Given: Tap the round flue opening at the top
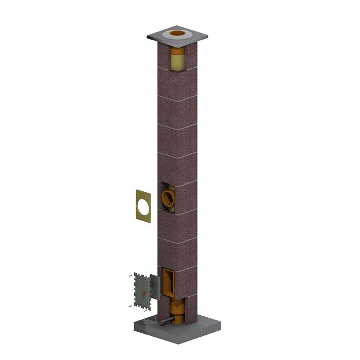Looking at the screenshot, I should pyautogui.click(x=177, y=33).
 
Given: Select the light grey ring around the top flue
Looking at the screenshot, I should pyautogui.click(x=169, y=35).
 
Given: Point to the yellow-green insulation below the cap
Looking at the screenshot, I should pyautogui.click(x=177, y=61).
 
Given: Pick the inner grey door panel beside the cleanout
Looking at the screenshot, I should pyautogui.click(x=153, y=287).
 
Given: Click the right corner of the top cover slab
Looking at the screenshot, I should pyautogui.click(x=208, y=36).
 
